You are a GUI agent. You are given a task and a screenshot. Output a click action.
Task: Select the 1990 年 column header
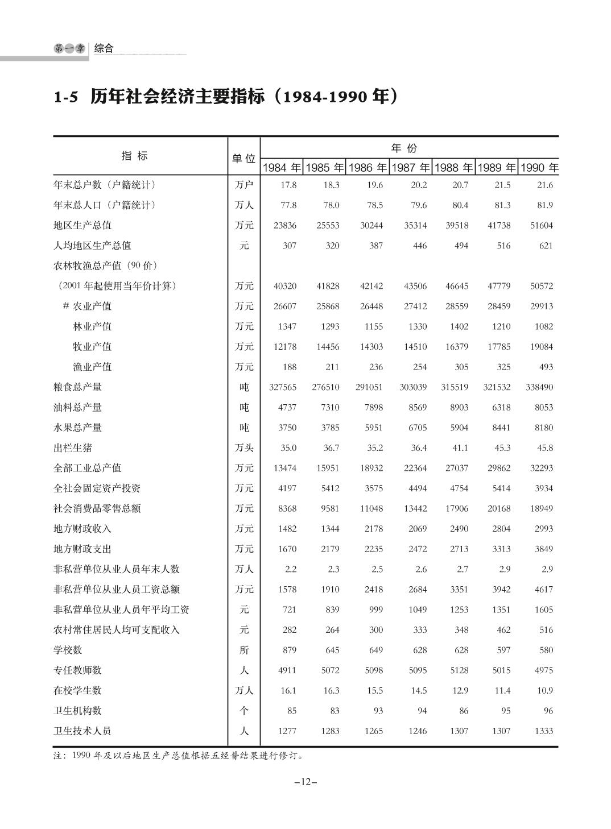(539, 168)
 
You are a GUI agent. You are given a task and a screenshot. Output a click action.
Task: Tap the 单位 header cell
(243, 159)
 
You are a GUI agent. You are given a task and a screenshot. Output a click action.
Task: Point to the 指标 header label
(135, 156)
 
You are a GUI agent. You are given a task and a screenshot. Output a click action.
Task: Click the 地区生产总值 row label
(82, 225)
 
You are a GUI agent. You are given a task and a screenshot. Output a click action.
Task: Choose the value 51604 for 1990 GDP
(542, 225)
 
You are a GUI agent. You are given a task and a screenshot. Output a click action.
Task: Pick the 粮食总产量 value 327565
(283, 387)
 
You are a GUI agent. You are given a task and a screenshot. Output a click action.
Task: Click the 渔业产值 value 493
(546, 367)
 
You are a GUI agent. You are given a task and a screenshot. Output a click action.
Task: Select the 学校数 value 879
(289, 650)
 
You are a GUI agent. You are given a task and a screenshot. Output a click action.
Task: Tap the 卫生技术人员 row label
(82, 731)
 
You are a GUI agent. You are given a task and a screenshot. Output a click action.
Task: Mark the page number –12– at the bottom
(305, 782)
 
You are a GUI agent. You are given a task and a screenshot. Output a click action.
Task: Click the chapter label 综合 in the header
(104, 48)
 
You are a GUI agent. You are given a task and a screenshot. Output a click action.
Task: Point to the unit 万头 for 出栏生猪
(244, 448)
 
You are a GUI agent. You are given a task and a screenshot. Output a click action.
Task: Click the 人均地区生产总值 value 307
(289, 246)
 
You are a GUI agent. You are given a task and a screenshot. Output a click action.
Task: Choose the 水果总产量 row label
(78, 428)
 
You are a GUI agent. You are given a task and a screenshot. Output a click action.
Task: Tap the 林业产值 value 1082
(543, 326)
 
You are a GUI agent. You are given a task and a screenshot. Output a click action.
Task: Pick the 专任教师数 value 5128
(459, 670)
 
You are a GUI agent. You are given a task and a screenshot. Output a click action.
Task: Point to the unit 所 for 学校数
(244, 650)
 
